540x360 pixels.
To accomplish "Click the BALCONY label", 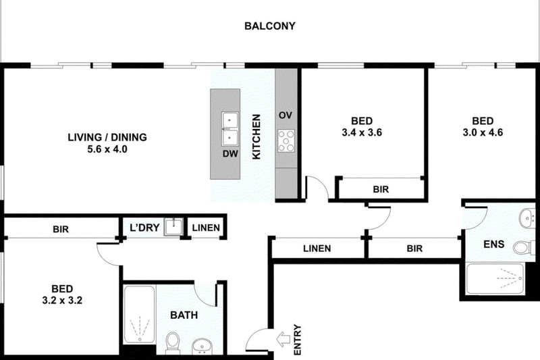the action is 269,26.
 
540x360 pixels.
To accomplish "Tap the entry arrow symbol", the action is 283,340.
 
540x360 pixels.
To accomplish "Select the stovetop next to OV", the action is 286,141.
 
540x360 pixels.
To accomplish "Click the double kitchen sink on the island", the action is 229,129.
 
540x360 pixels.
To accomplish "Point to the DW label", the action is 230,153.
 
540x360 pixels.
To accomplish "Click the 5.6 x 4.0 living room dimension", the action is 107,149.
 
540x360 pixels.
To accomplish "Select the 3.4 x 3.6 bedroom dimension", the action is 362,132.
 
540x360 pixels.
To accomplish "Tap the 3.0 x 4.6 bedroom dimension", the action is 483,132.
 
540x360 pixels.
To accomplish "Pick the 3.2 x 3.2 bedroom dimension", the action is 62,301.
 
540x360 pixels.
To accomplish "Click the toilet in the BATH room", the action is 173,342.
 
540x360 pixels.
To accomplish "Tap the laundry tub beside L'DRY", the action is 173,227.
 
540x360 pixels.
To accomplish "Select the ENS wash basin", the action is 527,217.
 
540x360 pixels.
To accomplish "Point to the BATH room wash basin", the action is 202,346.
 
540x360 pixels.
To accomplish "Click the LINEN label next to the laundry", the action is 206,228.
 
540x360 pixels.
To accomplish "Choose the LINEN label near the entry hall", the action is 317,249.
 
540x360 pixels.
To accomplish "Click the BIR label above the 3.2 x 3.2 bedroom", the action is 61,230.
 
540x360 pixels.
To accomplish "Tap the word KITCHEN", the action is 256,136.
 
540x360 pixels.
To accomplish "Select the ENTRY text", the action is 298,340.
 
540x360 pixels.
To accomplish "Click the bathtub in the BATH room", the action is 139,314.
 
